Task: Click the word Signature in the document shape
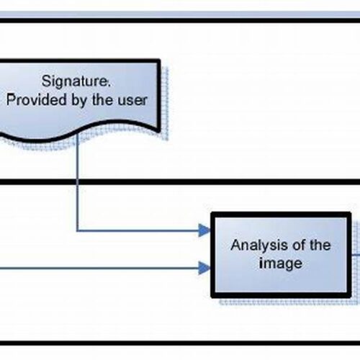(76, 81)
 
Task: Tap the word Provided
(37, 100)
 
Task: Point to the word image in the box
(281, 264)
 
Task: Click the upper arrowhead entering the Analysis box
(204, 230)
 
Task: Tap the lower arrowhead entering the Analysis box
(204, 268)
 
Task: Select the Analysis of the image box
(281, 255)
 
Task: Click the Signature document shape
(79, 99)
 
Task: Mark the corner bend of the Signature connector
(77, 231)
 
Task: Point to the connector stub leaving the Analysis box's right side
(356, 255)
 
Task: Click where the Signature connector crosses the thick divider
(77, 181)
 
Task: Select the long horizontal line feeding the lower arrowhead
(99, 268)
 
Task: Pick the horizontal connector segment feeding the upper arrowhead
(138, 231)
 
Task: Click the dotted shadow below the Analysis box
(288, 302)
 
